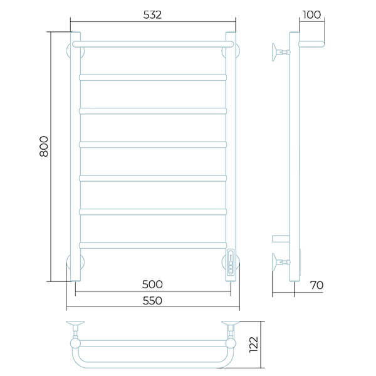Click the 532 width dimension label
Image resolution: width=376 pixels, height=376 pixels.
coord(152,15)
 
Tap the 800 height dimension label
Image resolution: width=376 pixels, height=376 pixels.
coord(44,146)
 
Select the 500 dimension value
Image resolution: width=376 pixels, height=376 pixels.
coord(152,285)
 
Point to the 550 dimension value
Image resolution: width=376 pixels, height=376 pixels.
coord(152,300)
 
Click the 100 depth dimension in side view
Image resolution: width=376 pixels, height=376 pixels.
coord(311,14)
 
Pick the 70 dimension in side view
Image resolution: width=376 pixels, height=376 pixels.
coord(316,285)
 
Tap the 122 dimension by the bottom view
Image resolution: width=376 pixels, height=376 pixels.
coord(254,344)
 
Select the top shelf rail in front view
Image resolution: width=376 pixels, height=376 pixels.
coord(153,44)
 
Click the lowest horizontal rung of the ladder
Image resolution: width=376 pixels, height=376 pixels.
coord(153,245)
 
